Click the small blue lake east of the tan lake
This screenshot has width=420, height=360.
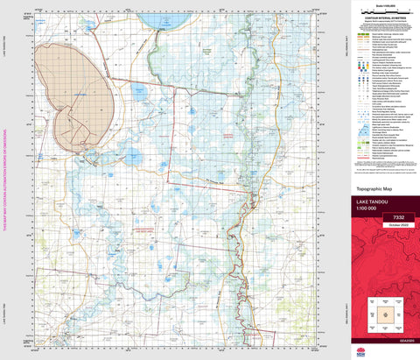(x=138, y=90)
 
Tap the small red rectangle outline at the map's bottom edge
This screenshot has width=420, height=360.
(x=255, y=332)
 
